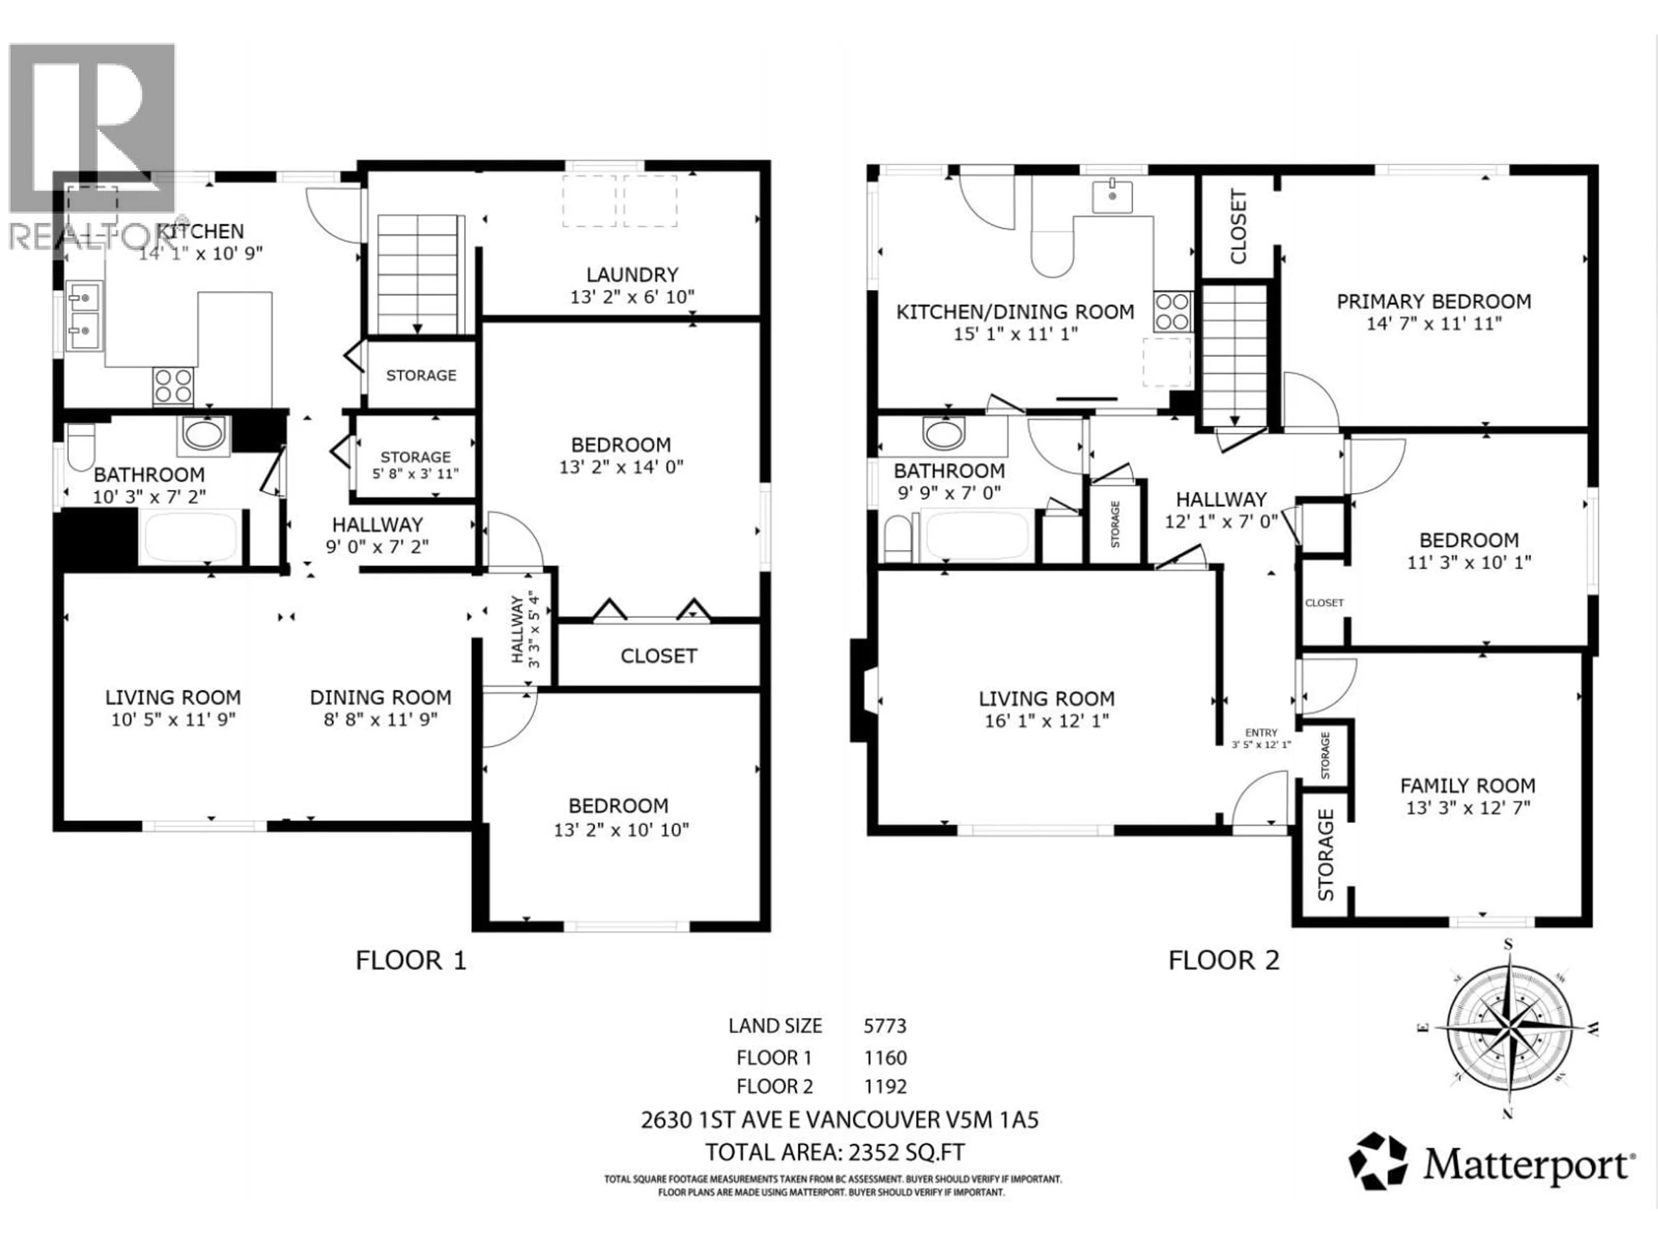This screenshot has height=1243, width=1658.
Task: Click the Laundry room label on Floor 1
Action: pos(632,275)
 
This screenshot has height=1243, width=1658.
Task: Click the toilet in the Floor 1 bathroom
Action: pos(80,447)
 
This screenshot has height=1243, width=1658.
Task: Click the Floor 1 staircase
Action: pos(418,274)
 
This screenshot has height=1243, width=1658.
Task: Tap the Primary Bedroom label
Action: pos(1433,301)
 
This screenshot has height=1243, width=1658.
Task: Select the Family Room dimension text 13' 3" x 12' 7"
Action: pos(1466,808)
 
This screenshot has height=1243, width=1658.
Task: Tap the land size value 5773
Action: pos(885,1026)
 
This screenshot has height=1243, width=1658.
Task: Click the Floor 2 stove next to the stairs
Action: pos(1172,311)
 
